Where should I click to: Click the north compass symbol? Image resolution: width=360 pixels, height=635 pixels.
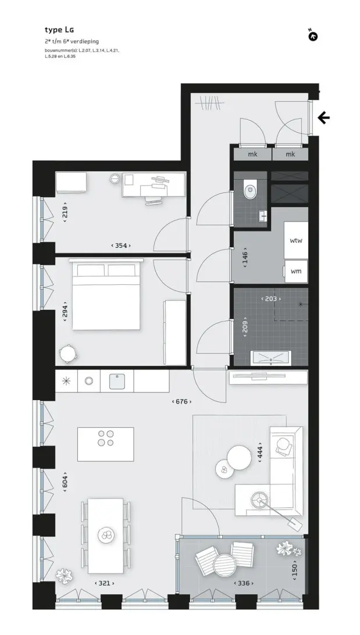(313, 36)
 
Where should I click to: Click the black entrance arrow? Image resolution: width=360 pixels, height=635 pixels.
(323, 118)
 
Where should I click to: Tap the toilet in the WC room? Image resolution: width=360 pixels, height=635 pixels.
(251, 190)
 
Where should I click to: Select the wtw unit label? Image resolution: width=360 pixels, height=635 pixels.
(296, 240)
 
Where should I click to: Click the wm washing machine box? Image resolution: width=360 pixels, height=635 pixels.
(296, 272)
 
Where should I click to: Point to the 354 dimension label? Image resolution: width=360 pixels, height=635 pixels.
(121, 245)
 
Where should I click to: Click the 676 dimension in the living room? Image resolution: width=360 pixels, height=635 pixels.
(182, 401)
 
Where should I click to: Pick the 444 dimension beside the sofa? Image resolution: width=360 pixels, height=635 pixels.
(261, 452)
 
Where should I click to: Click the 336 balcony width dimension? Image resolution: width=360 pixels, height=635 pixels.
(244, 583)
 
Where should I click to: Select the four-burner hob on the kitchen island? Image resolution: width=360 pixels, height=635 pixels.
(105, 438)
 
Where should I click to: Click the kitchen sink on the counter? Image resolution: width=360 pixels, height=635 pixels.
(117, 381)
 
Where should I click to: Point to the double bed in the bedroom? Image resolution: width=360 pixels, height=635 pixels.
(106, 294)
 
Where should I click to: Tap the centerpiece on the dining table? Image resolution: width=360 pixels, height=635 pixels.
(106, 536)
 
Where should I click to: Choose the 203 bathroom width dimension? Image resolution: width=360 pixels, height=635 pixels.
(270, 299)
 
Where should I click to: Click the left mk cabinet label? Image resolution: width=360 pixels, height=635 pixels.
(252, 154)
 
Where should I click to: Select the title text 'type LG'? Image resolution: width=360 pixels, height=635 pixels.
(59, 30)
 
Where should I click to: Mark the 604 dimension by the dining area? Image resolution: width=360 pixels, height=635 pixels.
(65, 482)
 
